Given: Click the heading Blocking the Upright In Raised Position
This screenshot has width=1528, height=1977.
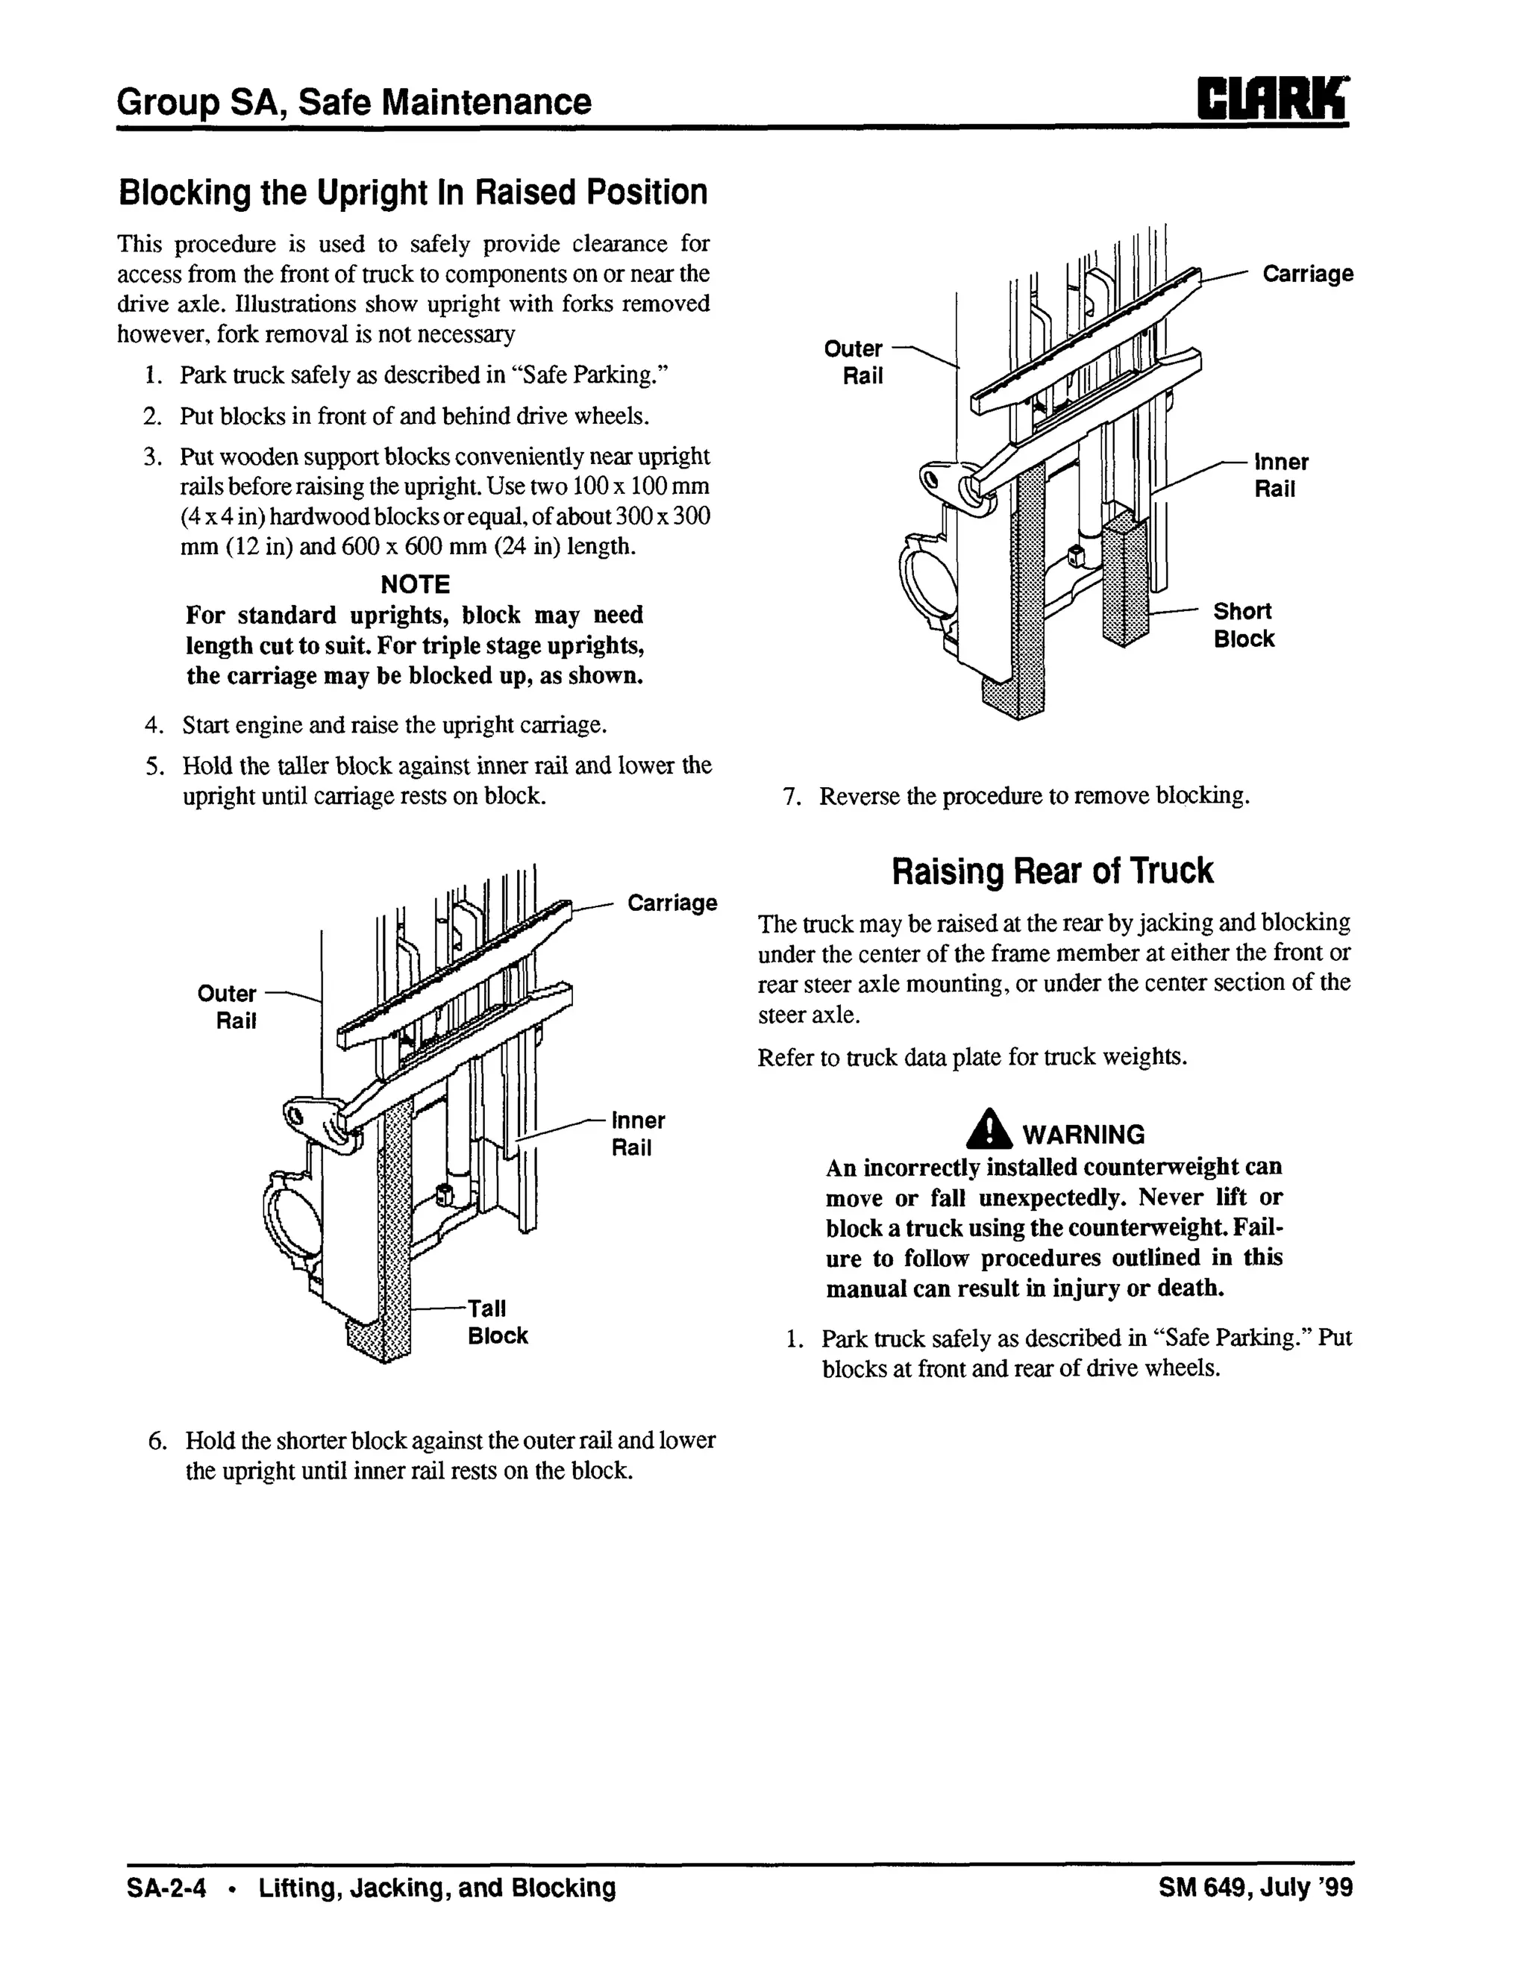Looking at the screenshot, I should (413, 192).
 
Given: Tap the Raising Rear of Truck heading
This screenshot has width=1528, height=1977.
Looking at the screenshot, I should (1053, 871).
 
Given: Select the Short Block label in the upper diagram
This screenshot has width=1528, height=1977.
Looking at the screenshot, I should (1243, 624).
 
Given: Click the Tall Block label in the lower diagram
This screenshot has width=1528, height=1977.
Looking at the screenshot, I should (497, 1322).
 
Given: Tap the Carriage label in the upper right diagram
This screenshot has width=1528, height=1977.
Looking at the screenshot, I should (1307, 273).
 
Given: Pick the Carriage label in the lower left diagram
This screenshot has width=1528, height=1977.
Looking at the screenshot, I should (671, 903).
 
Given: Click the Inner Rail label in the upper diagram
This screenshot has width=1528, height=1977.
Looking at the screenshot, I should (1280, 475).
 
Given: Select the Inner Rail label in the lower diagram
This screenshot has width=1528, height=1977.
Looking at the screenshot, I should (637, 1133).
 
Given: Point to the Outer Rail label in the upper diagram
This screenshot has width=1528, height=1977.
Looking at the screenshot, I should (853, 362).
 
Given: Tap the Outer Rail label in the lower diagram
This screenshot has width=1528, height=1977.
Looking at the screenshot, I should (228, 1006).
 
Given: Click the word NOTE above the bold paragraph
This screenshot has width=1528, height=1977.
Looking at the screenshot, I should (415, 585).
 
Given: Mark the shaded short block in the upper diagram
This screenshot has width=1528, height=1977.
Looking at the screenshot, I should (1124, 580).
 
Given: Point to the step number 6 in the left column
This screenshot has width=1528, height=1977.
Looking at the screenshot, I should (158, 1440).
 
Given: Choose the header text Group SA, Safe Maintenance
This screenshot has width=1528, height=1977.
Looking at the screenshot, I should (354, 101).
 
